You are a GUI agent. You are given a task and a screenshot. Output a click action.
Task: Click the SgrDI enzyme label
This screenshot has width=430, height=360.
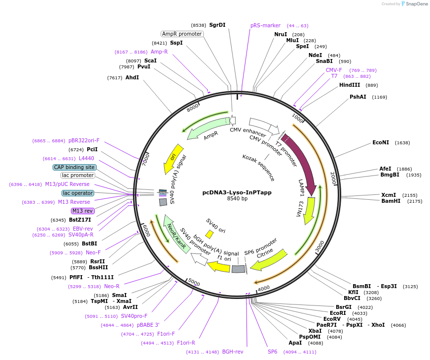pyautogui.click(x=217, y=25)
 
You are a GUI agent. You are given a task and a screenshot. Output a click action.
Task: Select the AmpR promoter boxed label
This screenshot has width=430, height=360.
pyautogui.click(x=182, y=34)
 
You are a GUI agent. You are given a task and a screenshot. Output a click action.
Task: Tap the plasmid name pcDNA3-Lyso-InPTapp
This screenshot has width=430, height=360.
pyautogui.click(x=237, y=192)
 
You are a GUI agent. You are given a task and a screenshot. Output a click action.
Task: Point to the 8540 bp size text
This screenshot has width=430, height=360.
pyautogui.click(x=237, y=199)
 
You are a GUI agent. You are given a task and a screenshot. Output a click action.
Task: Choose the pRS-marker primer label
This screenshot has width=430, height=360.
pyautogui.click(x=265, y=25)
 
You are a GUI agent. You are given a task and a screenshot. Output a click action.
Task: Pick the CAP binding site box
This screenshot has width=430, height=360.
pyautogui.click(x=74, y=167)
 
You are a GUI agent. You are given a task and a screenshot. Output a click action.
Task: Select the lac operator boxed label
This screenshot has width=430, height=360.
pyautogui.click(x=77, y=193)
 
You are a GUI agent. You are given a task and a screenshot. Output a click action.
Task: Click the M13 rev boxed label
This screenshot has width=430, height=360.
pyautogui.click(x=82, y=211)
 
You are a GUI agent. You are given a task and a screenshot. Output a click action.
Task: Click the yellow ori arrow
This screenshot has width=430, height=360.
pyautogui.click(x=173, y=159)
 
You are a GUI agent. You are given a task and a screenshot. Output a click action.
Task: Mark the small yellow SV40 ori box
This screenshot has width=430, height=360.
pyautogui.click(x=210, y=234)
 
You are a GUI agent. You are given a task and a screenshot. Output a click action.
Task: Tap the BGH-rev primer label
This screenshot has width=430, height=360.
pyautogui.click(x=233, y=352)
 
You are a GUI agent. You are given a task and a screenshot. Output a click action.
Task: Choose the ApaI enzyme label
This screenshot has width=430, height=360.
pyautogui.click(x=295, y=343)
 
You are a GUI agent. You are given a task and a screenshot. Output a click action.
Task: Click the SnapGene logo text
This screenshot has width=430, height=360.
pyautogui.click(x=416, y=4)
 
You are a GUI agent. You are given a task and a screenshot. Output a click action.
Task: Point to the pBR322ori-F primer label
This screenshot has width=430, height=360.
pyautogui.click(x=84, y=140)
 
